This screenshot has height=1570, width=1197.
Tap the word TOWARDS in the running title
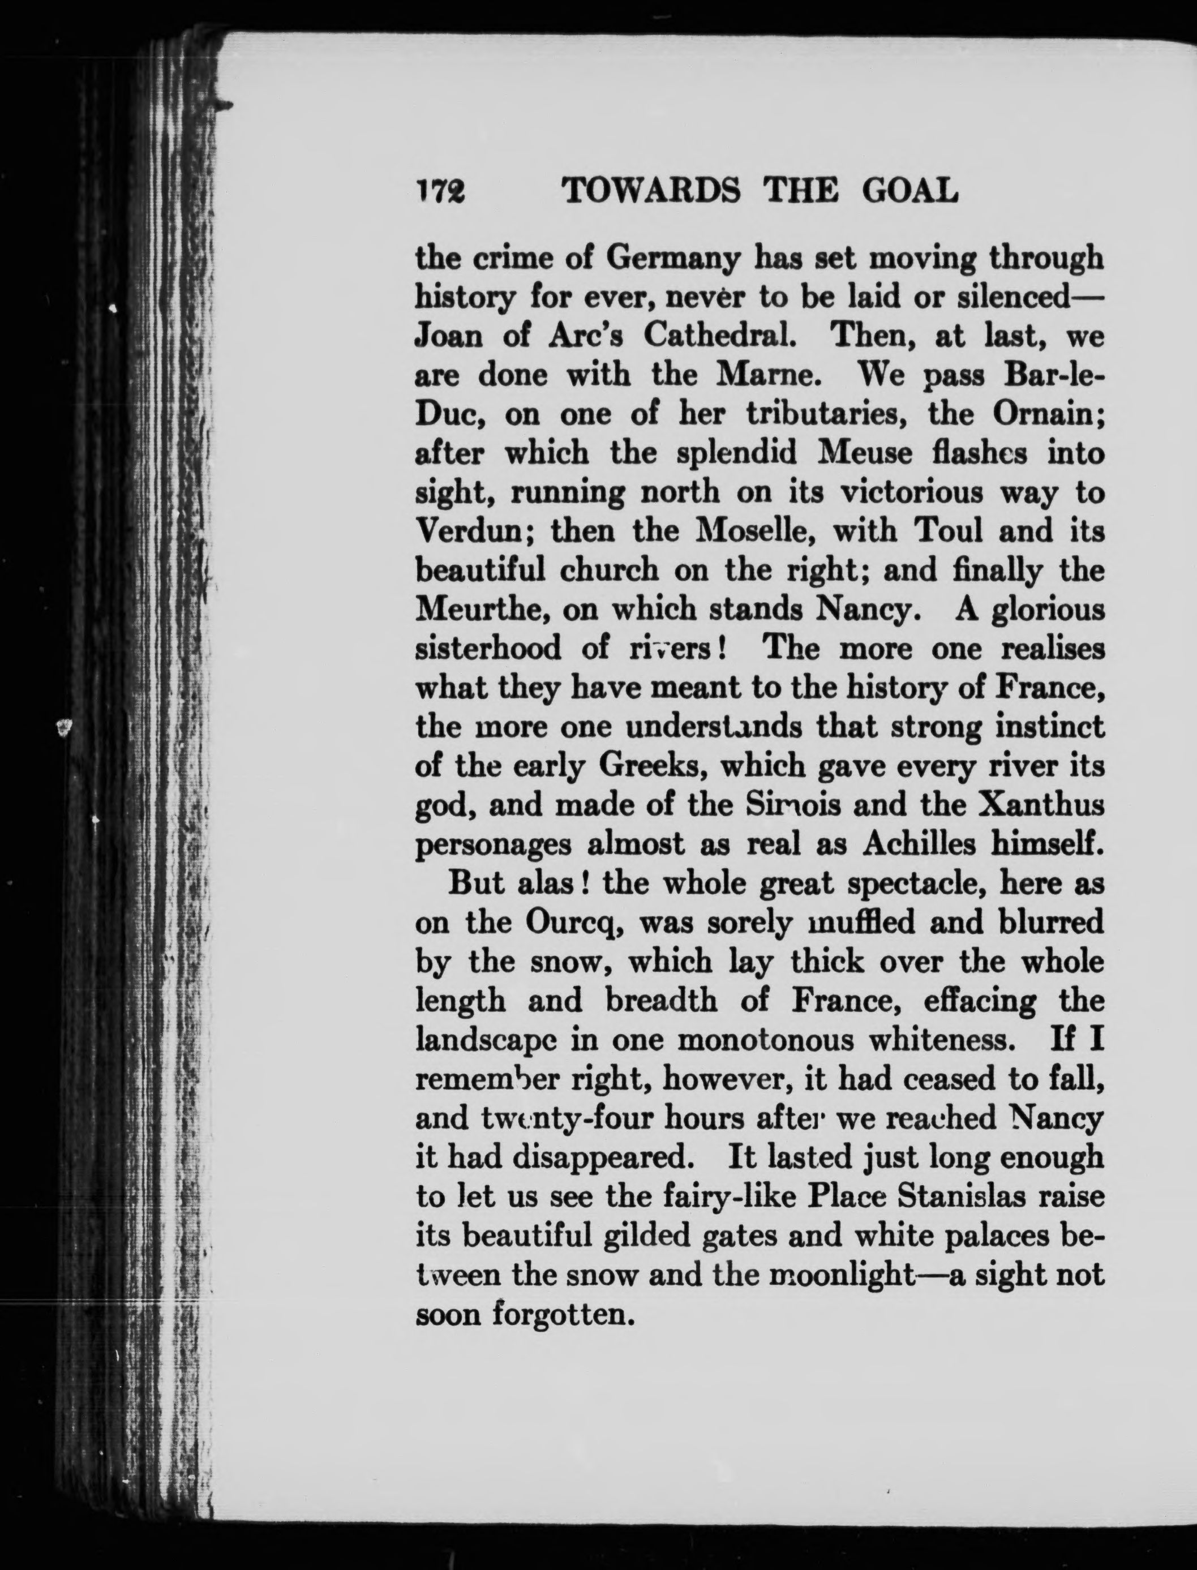pyautogui.click(x=650, y=190)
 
